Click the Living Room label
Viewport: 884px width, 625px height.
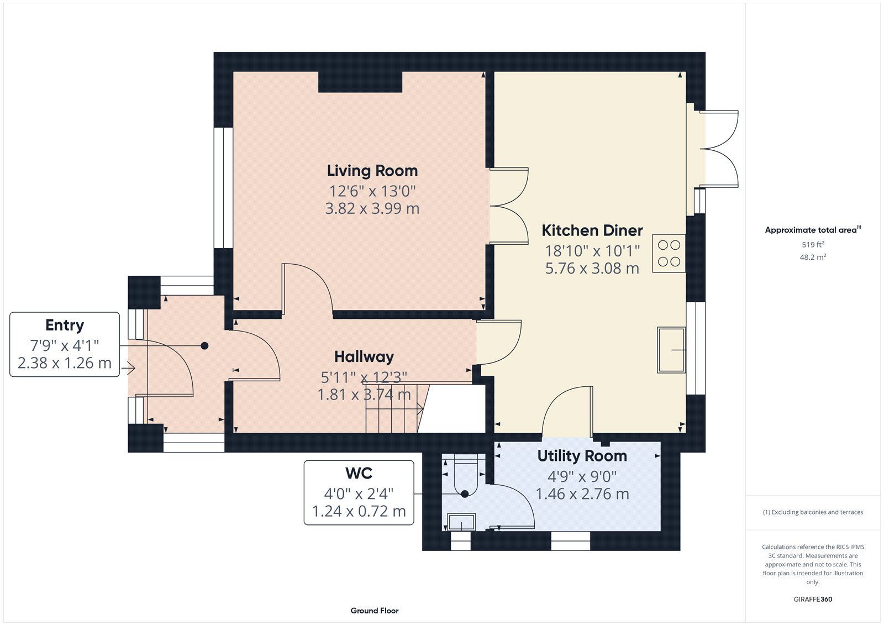point(372,171)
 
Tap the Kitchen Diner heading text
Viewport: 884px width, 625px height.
point(592,230)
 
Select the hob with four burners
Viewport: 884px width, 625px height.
point(669,254)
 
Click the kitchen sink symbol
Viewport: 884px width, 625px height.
point(671,350)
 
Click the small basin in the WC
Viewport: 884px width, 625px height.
point(461,522)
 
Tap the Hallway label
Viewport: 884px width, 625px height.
point(364,357)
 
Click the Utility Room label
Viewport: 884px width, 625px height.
point(582,456)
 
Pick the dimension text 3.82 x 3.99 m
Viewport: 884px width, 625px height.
point(372,209)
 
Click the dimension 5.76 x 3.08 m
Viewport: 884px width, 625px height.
point(592,269)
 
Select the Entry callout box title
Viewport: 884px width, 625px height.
point(65,325)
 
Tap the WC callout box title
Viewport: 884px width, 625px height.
point(359,474)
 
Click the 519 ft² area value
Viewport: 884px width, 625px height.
point(813,244)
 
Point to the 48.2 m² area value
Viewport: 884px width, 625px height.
point(813,257)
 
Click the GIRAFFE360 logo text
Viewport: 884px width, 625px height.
point(813,599)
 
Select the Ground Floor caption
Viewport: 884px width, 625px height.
point(374,611)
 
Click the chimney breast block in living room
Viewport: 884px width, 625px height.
point(360,82)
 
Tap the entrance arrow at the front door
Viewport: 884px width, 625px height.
point(130,367)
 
